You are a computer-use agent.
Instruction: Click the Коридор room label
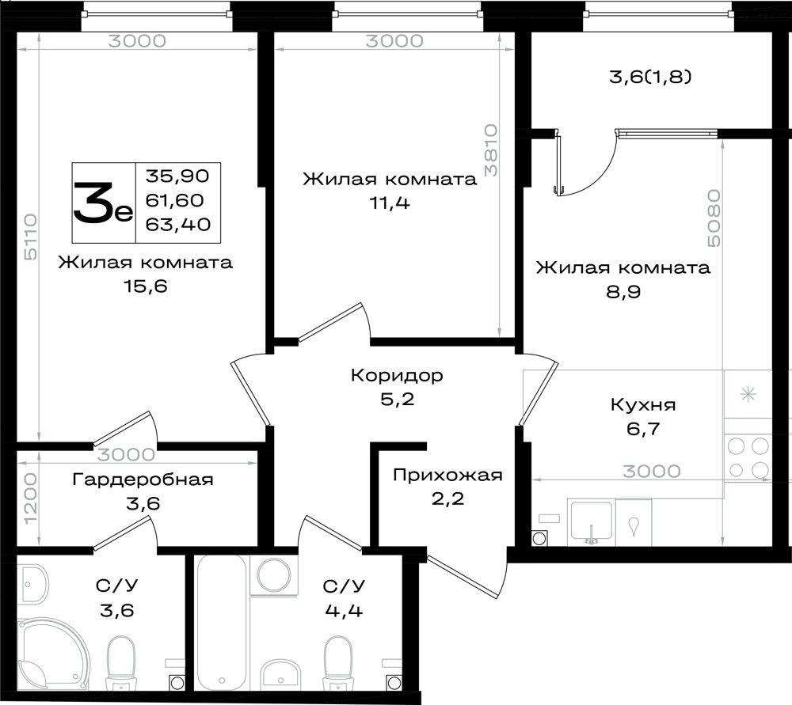[x=397, y=376]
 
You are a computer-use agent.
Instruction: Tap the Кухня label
[x=643, y=405]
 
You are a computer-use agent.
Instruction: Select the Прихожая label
[x=447, y=476]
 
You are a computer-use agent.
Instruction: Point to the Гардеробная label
[x=143, y=479]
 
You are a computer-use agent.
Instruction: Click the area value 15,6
[x=146, y=286]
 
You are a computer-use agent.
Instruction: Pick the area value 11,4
[x=390, y=203]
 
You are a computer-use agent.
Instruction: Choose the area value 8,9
[x=623, y=292]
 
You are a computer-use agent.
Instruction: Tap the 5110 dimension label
[x=31, y=237]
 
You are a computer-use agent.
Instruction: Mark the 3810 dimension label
[x=490, y=150]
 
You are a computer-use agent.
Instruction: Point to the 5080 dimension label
[x=714, y=218]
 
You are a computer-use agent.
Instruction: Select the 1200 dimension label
[x=31, y=498]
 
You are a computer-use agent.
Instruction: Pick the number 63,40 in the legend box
[x=177, y=224]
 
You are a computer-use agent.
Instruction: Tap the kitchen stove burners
[x=748, y=458]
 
